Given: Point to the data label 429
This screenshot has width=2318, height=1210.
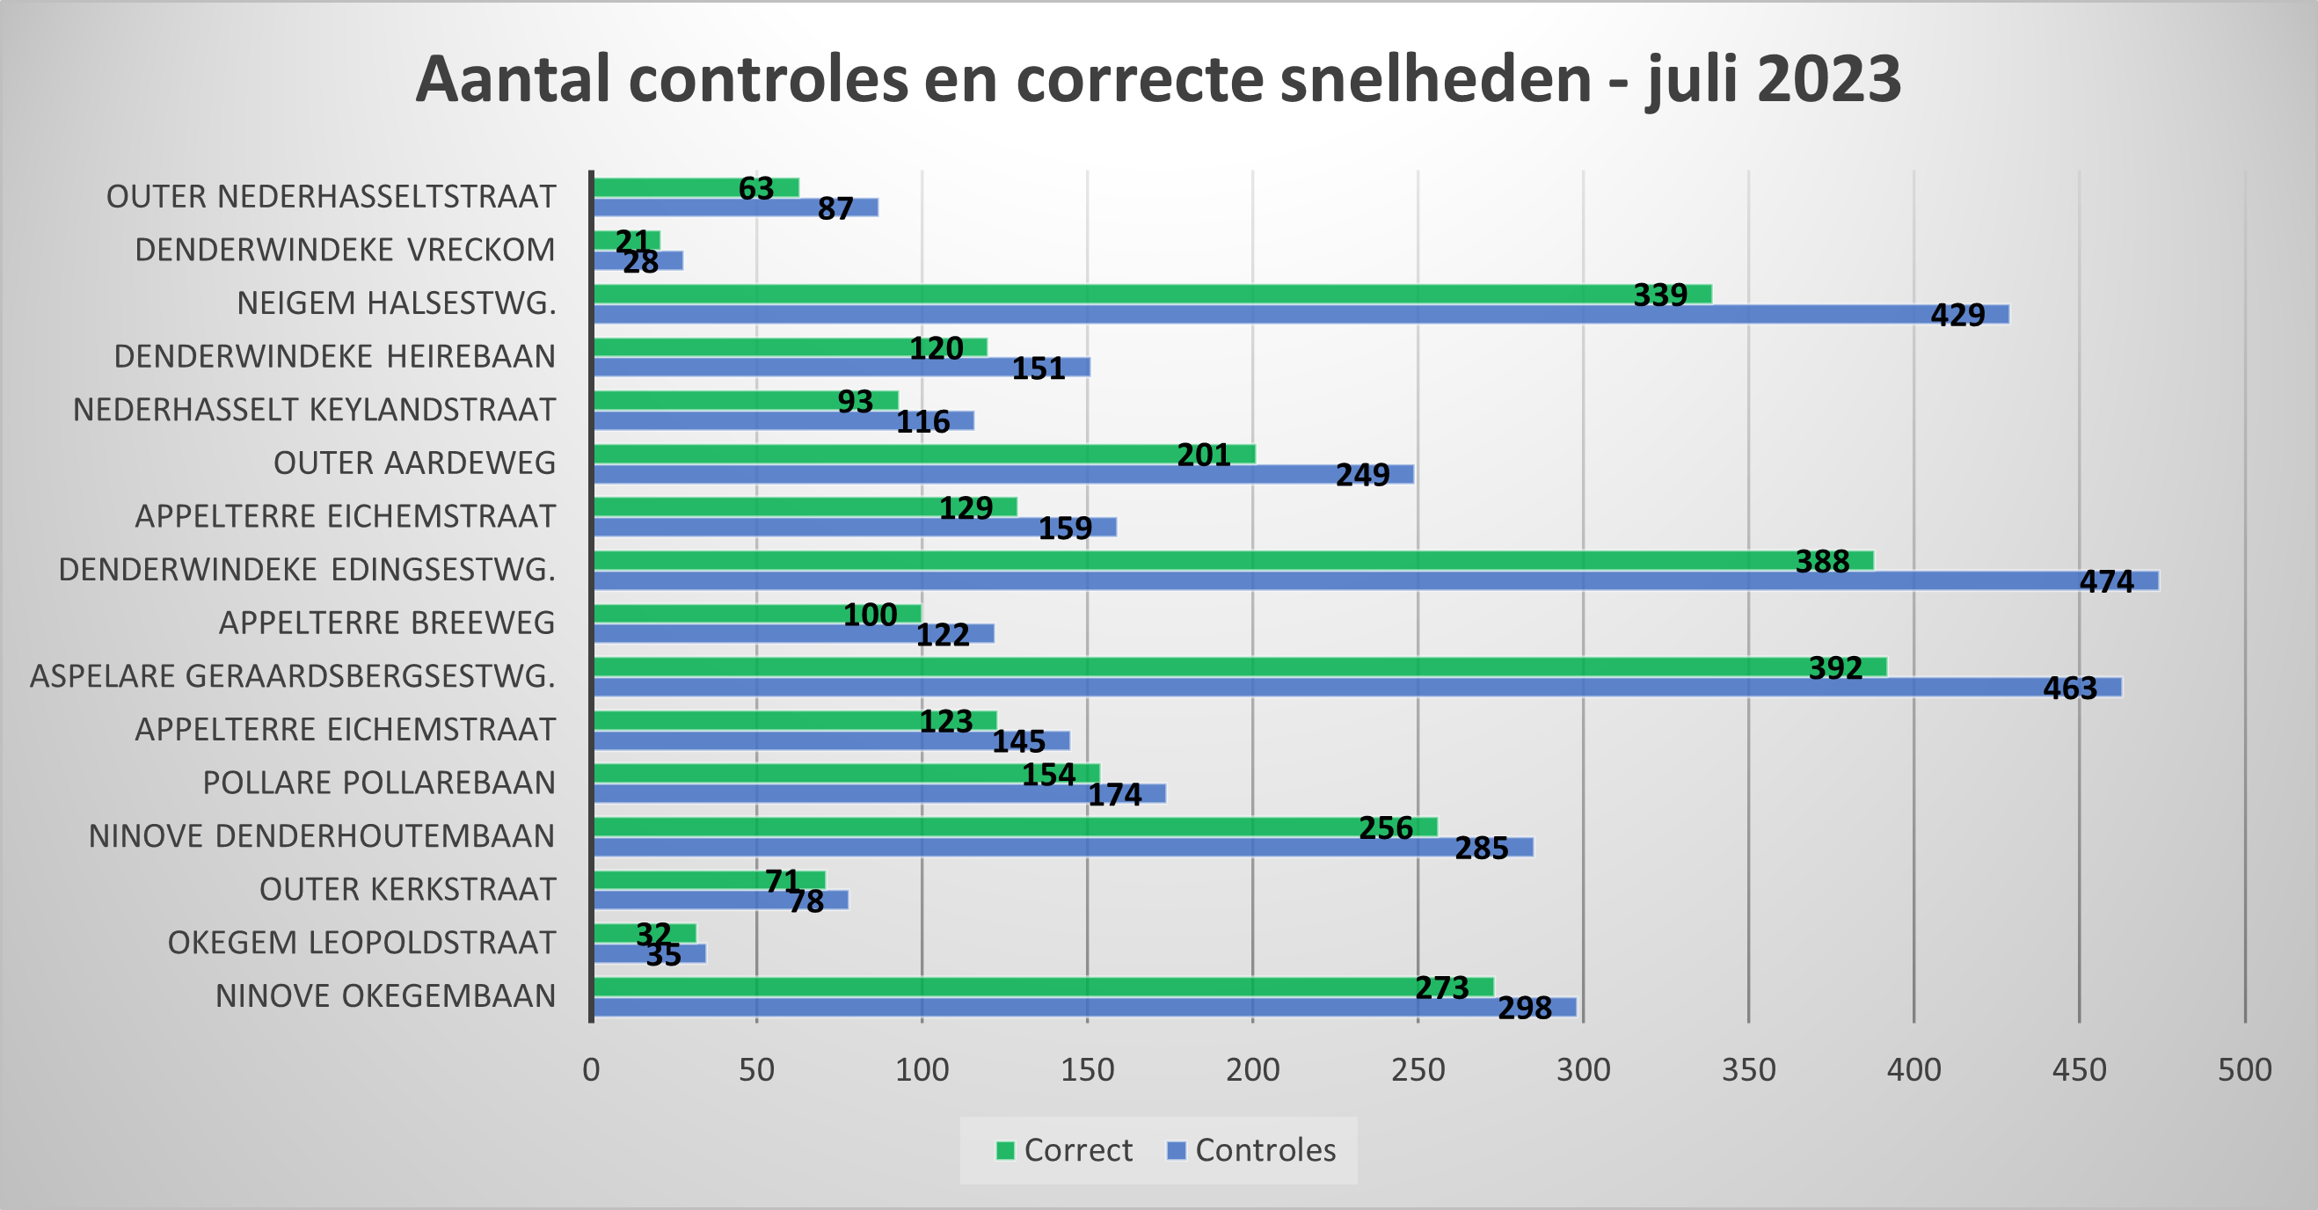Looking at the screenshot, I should point(1957,315).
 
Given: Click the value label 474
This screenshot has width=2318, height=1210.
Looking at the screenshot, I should point(2106,582).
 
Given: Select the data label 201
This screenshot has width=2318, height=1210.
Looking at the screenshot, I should point(1203,456).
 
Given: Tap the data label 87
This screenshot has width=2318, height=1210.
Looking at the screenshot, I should point(835,208).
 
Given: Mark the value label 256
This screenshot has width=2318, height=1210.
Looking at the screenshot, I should point(1385,827).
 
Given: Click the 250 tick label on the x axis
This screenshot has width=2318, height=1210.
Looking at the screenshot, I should point(1418,1069).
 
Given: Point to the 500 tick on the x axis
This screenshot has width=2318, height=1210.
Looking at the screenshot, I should point(2244,1069).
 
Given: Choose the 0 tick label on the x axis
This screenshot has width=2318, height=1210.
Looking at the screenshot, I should point(591,1069).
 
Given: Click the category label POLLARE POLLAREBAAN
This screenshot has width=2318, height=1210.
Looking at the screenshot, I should point(379,783).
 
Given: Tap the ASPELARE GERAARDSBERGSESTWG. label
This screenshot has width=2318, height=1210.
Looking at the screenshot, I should point(293,675).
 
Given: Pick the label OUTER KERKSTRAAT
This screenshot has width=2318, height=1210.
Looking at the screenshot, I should point(407,889).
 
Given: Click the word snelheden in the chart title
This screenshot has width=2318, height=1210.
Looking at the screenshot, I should point(1436,79).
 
